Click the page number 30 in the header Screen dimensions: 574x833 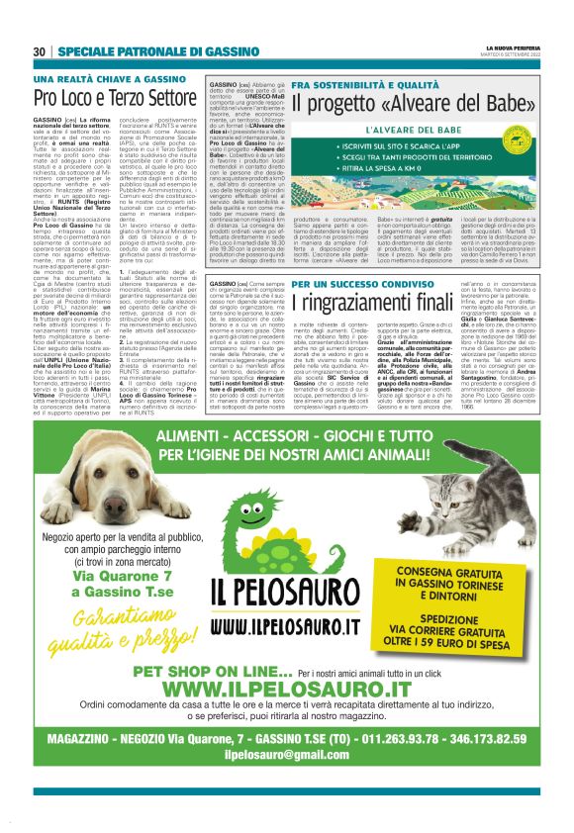[x=39, y=50]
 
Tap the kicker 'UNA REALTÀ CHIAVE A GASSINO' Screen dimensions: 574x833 [x=108, y=78]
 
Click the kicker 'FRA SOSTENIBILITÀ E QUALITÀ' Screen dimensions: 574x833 [x=369, y=87]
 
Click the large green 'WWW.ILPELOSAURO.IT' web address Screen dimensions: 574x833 [x=286, y=689]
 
